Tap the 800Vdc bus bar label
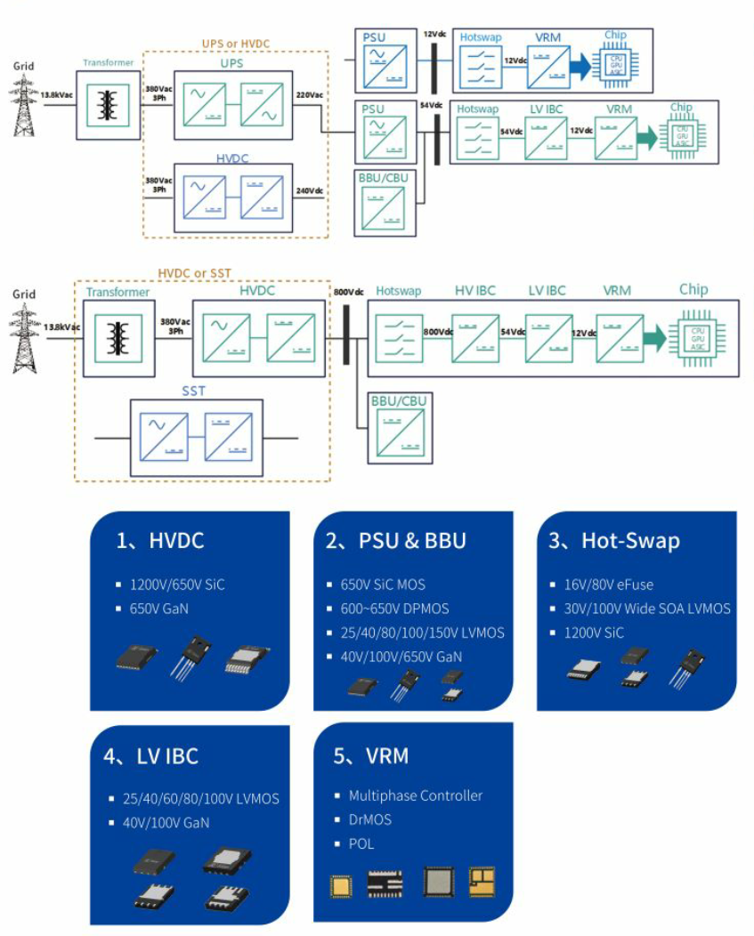pyautogui.click(x=348, y=292)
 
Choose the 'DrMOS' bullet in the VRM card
pyautogui.click(x=369, y=819)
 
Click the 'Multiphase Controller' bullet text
pyautogui.click(x=415, y=795)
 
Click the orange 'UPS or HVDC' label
pyautogui.click(x=236, y=42)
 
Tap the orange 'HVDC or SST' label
pyautogui.click(x=196, y=272)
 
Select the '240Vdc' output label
pyautogui.click(x=309, y=190)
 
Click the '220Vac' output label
pyautogui.click(x=309, y=92)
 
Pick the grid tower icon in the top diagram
pyautogui.click(x=24, y=104)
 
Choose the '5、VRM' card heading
pyautogui.click(x=371, y=756)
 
